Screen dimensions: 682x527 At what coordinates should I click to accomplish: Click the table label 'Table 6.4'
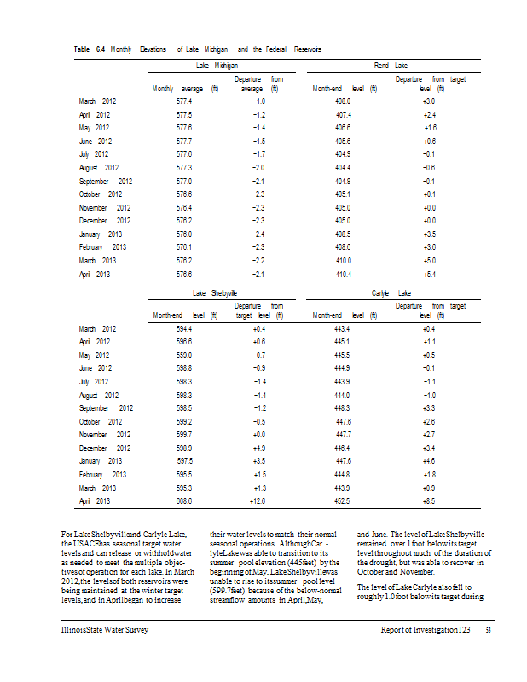[x=89, y=49]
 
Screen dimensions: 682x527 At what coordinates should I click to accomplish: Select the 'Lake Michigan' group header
[x=217, y=65]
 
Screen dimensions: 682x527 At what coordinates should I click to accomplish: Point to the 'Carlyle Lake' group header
[x=391, y=292]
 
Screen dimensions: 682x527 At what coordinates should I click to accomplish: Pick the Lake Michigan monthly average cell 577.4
[x=183, y=101]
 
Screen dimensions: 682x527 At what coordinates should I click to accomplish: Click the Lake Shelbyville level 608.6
[x=183, y=501]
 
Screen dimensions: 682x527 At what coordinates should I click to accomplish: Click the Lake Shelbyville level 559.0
[x=183, y=354]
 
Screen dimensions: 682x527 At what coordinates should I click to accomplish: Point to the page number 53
[x=489, y=631]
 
